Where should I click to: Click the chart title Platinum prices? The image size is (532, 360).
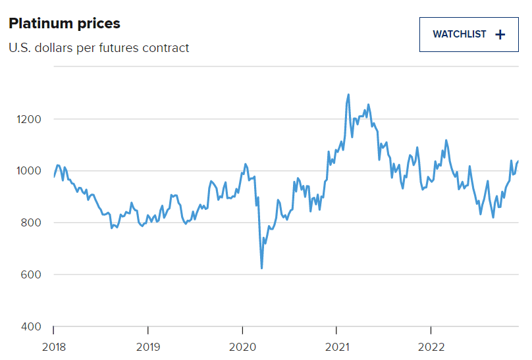click(x=64, y=24)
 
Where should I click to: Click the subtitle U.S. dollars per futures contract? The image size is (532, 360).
click(x=99, y=48)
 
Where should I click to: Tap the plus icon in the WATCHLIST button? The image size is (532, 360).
click(x=500, y=35)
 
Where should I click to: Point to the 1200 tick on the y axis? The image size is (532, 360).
click(x=28, y=119)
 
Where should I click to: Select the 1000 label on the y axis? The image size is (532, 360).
click(x=28, y=171)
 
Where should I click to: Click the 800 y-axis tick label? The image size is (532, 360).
click(x=31, y=223)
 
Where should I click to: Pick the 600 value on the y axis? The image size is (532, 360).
click(x=31, y=275)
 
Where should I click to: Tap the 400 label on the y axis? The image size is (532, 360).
click(x=31, y=327)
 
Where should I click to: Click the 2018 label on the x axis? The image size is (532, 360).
click(x=53, y=347)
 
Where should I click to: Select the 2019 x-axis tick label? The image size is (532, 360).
click(x=147, y=347)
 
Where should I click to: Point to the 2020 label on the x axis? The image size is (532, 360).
click(x=242, y=347)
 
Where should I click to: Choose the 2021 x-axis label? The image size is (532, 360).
click(x=336, y=347)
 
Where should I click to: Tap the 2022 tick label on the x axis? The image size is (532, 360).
click(x=431, y=347)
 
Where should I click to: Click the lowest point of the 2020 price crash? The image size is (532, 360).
click(x=262, y=268)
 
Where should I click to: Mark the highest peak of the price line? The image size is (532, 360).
click(x=348, y=95)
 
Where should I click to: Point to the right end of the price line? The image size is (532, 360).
click(x=518, y=161)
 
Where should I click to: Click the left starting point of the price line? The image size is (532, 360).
click(x=53, y=176)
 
